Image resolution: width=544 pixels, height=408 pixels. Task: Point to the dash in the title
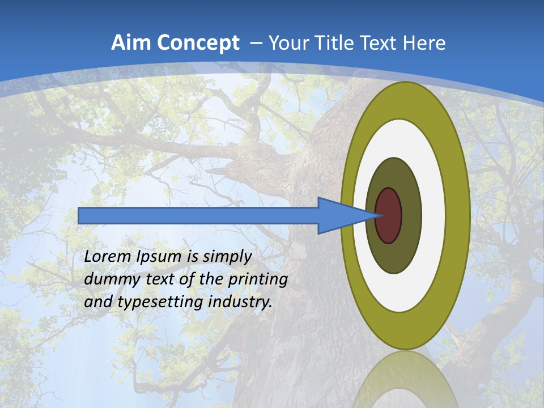pos(256,44)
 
